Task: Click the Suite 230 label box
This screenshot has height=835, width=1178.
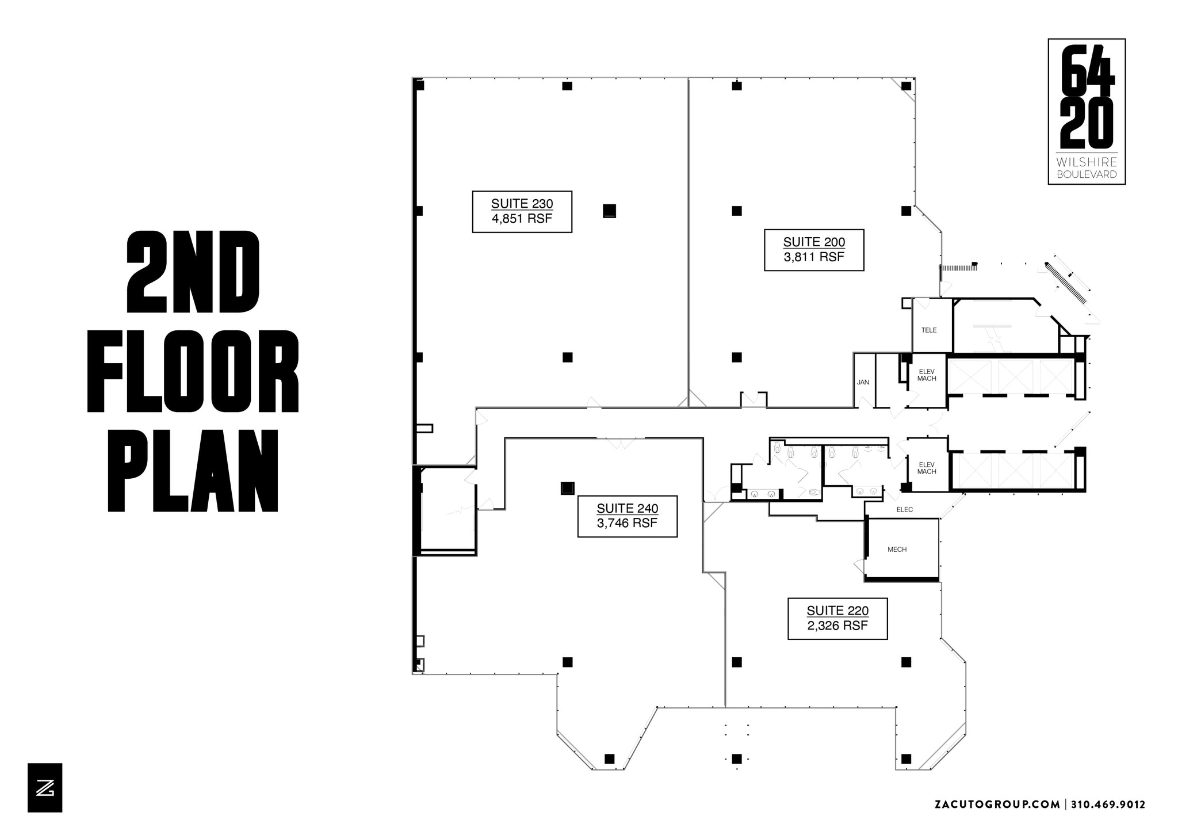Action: coord(522,212)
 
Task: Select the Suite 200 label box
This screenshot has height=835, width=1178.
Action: coord(814,250)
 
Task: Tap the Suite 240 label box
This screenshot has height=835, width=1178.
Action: coord(628,516)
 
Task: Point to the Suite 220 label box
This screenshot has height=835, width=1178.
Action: coord(837,619)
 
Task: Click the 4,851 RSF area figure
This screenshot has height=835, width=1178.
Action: coord(522,219)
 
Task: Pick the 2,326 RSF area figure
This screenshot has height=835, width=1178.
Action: coord(837,626)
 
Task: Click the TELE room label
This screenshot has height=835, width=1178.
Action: coord(929,330)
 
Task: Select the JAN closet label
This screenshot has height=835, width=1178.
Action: coord(863,382)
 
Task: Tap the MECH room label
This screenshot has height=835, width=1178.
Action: coord(897,550)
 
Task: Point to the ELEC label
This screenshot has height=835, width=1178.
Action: coord(905,510)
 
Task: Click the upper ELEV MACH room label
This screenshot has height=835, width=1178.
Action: coord(927,375)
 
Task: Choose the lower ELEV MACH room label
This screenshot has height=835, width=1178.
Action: coord(927,468)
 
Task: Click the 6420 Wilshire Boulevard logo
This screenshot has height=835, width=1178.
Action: coord(1087,112)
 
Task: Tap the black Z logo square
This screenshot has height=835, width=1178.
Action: coord(45,788)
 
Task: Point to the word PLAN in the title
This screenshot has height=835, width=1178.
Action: coord(193,471)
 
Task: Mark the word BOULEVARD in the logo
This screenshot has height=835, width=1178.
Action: coord(1087,174)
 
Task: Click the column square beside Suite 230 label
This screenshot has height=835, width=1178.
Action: coord(609,211)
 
